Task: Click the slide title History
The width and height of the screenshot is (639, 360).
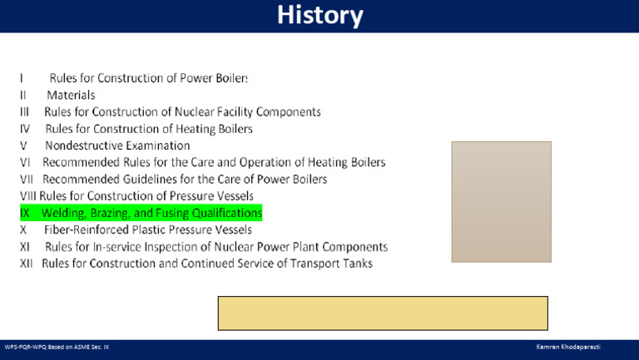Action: pyautogui.click(x=319, y=16)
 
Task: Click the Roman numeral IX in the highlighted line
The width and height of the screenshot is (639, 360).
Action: pyautogui.click(x=25, y=214)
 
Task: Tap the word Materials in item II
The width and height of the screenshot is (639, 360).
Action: pyautogui.click(x=71, y=96)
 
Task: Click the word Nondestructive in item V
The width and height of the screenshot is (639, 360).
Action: pyautogui.click(x=87, y=146)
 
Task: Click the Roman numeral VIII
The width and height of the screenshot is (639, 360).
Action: pyautogui.click(x=29, y=196)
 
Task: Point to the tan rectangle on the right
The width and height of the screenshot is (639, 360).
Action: pyautogui.click(x=501, y=202)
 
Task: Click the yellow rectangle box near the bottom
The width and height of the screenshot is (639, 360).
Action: pyautogui.click(x=383, y=313)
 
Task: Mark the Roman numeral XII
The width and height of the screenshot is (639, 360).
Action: pyautogui.click(x=27, y=264)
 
